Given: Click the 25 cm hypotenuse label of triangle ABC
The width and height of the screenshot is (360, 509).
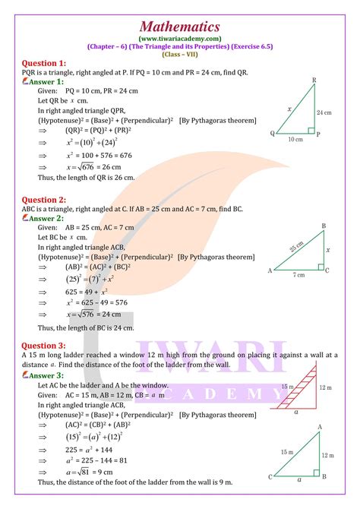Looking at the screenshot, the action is pyautogui.click(x=298, y=247).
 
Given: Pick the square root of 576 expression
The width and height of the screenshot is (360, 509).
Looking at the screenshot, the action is pyautogui.click(x=76, y=313).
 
